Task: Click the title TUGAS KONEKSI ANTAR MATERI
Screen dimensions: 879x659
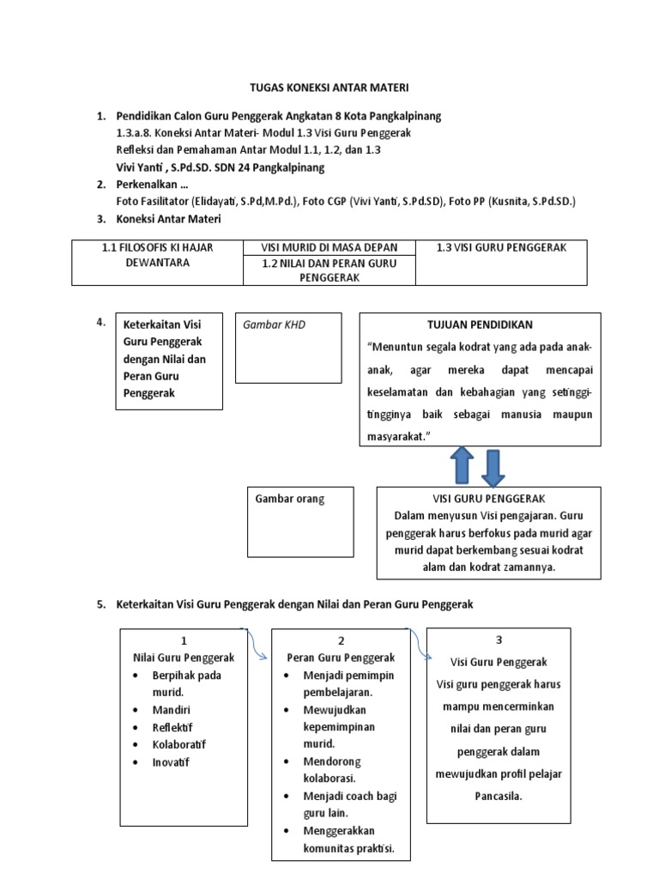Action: pos(329,88)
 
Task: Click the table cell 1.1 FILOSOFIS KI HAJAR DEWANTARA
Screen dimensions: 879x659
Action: pos(157,255)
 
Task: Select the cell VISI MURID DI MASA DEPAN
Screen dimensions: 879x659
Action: pos(329,247)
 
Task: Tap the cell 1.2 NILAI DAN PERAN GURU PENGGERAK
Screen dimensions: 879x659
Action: pos(329,270)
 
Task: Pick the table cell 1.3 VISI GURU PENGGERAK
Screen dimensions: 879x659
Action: pos(501,247)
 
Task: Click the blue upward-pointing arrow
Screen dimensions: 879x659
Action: pos(460,466)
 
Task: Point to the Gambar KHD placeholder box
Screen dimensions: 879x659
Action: pos(288,348)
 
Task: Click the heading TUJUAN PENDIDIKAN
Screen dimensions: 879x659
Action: pos(480,324)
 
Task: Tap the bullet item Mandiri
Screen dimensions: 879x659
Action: pos(172,710)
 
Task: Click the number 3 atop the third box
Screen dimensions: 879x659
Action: pos(499,640)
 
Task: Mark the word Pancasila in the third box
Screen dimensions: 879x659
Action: pos(498,796)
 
